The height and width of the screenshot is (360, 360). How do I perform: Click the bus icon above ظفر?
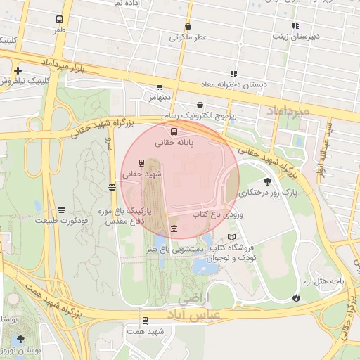point(58,20)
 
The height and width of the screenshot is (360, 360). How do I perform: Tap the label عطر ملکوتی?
point(188,37)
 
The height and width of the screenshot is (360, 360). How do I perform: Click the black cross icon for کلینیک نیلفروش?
point(18,70)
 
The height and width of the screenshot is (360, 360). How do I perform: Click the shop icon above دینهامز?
point(160,87)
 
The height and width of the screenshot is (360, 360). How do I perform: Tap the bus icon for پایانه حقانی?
point(174,131)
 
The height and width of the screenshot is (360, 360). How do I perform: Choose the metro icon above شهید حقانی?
point(142,162)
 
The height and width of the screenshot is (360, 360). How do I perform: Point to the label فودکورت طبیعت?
point(61,220)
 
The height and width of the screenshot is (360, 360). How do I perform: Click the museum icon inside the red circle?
point(174,228)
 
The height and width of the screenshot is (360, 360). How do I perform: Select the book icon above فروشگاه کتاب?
point(231,237)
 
